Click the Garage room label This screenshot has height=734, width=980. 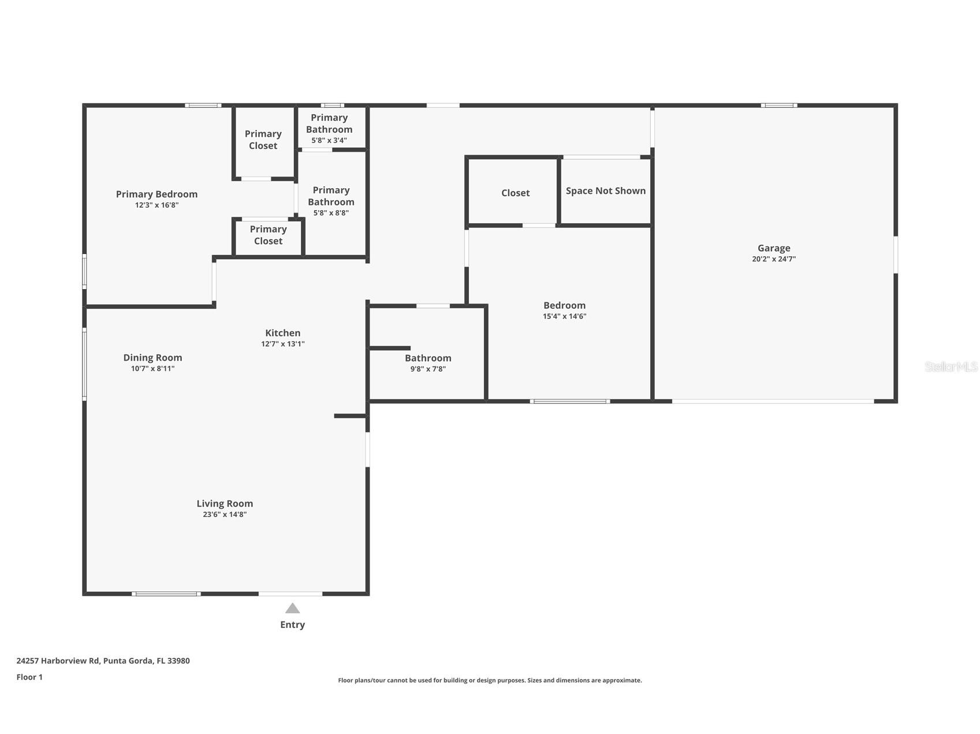click(x=773, y=248)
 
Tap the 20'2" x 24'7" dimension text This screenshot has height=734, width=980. click(x=773, y=259)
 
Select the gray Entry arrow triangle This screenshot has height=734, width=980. click(x=292, y=608)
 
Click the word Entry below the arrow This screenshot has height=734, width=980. click(x=292, y=624)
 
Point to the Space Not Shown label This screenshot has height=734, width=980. click(x=605, y=191)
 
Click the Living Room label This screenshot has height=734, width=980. click(x=225, y=504)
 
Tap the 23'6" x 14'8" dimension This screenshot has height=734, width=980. click(x=225, y=514)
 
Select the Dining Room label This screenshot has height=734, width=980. click(x=152, y=358)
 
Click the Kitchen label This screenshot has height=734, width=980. click(x=282, y=333)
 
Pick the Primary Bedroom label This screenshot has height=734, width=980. click(x=156, y=194)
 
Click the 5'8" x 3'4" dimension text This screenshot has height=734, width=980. click(x=329, y=140)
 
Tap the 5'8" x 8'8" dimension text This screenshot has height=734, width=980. click(x=331, y=213)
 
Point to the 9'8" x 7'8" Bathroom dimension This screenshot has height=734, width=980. click(x=427, y=369)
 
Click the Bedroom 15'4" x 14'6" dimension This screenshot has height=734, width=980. click(x=564, y=316)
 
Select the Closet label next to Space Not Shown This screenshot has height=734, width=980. click(x=515, y=193)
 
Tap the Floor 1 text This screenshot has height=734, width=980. click(x=29, y=677)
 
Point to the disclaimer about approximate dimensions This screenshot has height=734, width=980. click(x=490, y=680)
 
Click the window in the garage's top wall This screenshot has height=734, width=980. click(x=778, y=106)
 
